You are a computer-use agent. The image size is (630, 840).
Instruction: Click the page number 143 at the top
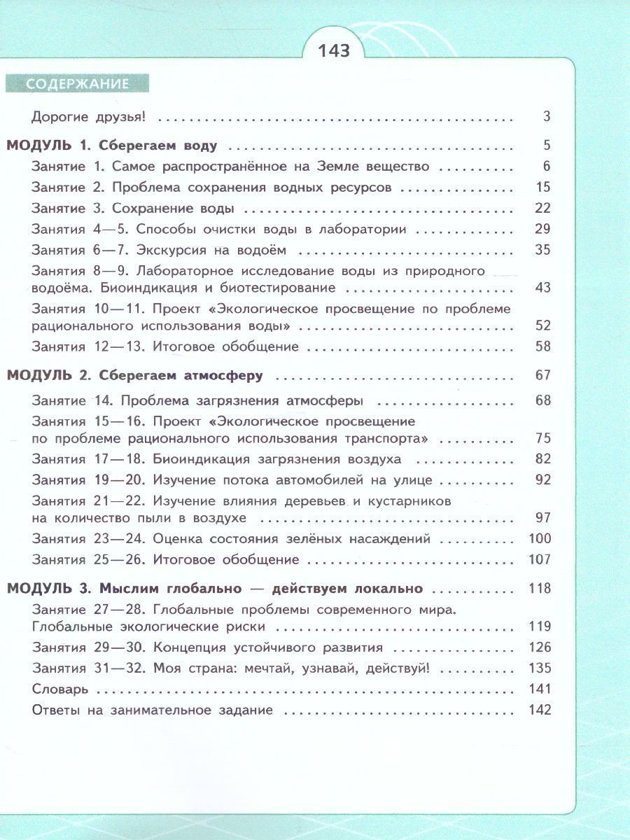pos(333,52)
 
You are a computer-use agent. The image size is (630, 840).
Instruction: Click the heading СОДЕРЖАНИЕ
pos(78,84)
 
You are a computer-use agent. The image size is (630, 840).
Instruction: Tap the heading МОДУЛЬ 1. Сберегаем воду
pos(112,146)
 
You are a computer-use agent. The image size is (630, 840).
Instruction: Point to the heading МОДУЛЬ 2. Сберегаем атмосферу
pos(134,376)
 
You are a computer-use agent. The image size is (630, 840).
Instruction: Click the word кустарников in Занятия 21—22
pos(409,501)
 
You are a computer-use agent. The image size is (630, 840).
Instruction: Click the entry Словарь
pos(60,689)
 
